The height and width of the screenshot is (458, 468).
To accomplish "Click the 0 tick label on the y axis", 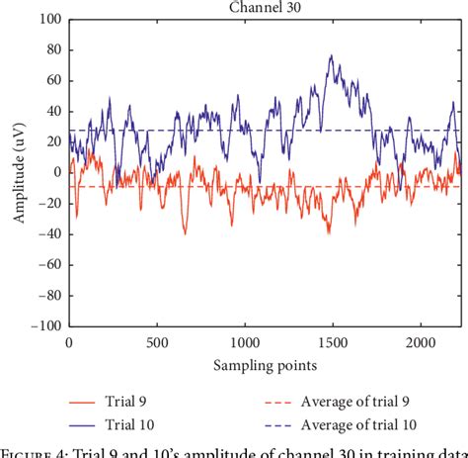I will [x=55, y=172].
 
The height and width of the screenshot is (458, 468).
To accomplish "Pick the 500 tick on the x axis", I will [x=156, y=342].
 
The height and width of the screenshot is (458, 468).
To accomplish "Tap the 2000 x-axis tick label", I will [x=420, y=342].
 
